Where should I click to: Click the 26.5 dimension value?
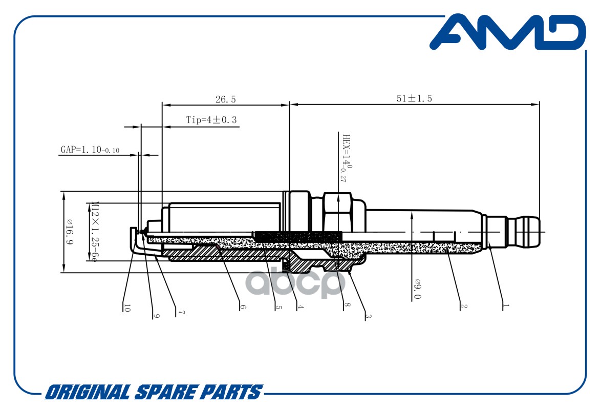tap(225, 99)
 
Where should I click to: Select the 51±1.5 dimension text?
tap(414, 98)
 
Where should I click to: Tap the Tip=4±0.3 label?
tap(211, 120)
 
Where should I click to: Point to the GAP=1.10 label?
tap(90, 149)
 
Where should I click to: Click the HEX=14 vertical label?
tap(346, 158)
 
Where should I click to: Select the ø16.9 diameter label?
tap(70, 232)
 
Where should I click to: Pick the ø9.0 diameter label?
tap(417, 289)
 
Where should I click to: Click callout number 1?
tap(506, 306)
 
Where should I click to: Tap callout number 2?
tap(464, 306)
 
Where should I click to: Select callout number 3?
tap(368, 316)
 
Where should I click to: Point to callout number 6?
tap(243, 307)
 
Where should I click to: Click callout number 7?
tap(181, 313)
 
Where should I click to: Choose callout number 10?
tap(127, 307)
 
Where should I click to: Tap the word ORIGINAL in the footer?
tap(88, 393)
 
